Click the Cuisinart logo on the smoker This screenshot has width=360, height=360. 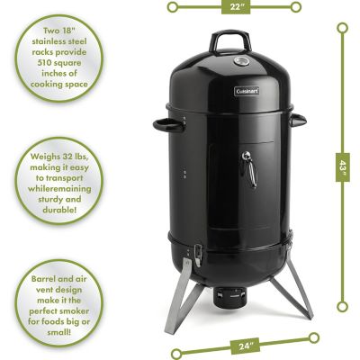coord(248,91)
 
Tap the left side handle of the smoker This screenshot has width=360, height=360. coord(164,124)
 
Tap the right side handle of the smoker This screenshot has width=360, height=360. coord(299,120)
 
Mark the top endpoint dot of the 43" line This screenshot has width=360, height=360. coord(341,27)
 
